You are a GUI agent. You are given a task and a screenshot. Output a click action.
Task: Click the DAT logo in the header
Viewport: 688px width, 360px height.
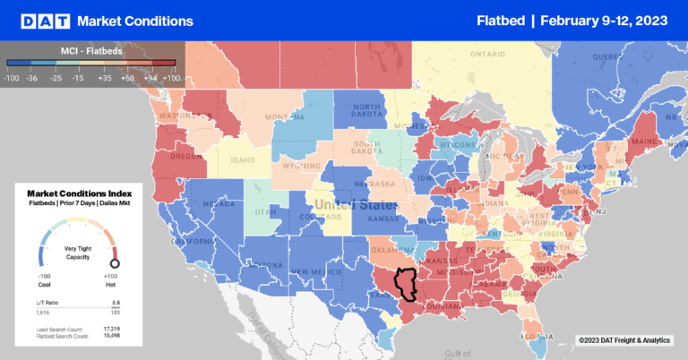click(x=39, y=20)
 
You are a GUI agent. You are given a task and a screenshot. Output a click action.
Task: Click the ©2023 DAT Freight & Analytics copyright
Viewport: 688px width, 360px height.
click(x=623, y=339)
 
